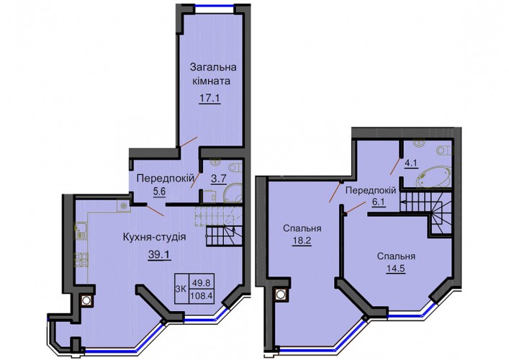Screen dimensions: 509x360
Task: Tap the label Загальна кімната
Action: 213,74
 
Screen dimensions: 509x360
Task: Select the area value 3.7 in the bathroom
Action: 218,179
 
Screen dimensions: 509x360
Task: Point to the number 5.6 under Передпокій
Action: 159,192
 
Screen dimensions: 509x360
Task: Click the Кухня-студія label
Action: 155,237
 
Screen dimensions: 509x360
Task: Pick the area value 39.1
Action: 159,255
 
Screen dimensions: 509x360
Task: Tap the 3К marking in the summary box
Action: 181,289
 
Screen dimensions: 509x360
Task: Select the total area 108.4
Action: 201,296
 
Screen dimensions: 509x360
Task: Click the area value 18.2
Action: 302,241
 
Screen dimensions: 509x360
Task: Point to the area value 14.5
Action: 396,269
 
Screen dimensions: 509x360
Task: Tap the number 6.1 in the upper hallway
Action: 378,202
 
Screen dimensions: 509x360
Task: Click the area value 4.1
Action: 410,163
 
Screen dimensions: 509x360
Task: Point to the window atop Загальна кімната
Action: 215,5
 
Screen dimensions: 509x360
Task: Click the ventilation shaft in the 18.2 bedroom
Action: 281,294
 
